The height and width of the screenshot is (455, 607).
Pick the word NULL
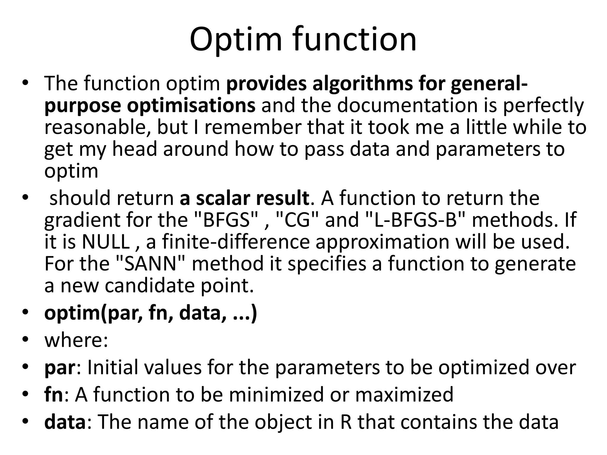coord(106,242)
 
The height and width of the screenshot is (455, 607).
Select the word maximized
coord(404,395)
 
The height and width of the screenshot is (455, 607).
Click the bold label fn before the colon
coord(53,395)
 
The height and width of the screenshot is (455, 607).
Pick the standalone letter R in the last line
coord(346,422)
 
